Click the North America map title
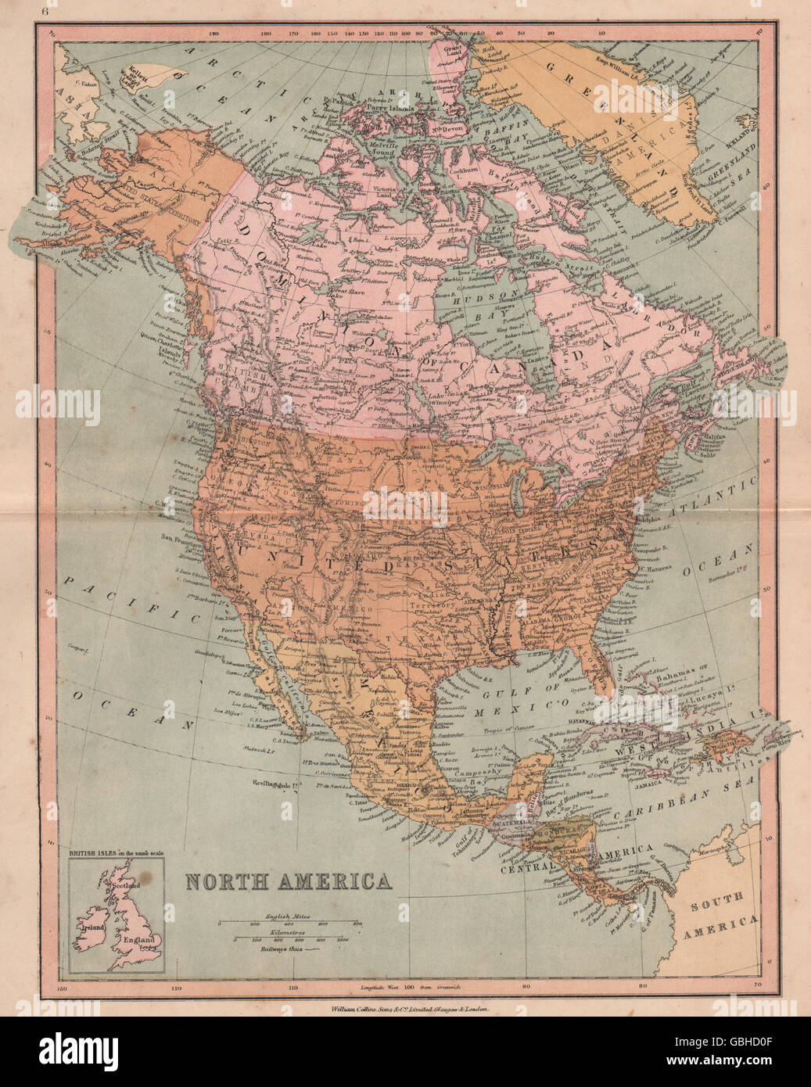289,881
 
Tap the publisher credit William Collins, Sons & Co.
405,1010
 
